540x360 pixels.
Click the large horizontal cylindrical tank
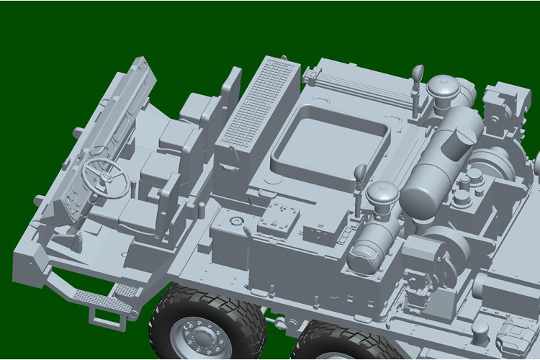coord(439,162)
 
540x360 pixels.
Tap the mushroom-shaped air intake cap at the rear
coord(441,89)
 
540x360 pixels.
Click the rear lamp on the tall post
coord(417,73)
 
